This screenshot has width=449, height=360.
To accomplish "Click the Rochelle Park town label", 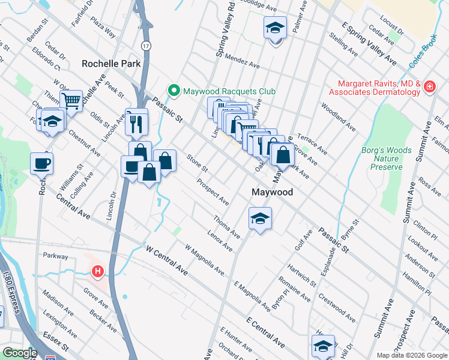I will [111, 63].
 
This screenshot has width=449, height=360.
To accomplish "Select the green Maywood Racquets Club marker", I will [174, 91].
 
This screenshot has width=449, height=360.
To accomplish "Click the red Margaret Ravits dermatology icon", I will [430, 88].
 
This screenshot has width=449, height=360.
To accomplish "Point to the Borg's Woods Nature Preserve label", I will [382, 158].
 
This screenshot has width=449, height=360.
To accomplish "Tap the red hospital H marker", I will [97, 272].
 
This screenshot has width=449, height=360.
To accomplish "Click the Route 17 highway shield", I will [146, 46].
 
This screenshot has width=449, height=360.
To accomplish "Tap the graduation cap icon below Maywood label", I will [260, 218].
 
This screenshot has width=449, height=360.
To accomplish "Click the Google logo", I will [19, 353].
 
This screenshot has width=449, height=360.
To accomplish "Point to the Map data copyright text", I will [411, 355].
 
